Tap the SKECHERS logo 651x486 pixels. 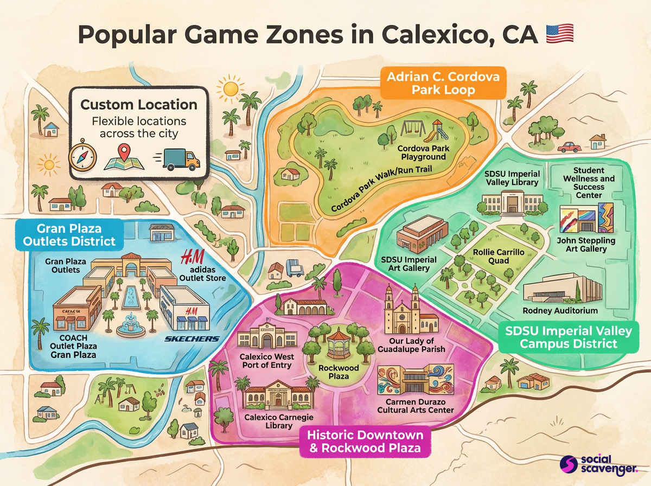pos(192,339)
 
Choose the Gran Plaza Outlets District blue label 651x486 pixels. pos(68,234)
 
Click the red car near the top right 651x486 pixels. pos(569,146)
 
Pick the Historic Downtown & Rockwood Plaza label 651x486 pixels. pos(365,441)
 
